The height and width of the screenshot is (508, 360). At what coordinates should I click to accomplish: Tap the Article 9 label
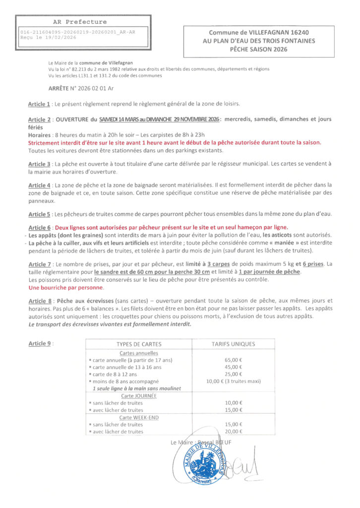click(39, 343)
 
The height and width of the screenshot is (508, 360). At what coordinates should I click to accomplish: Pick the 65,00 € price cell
click(233, 360)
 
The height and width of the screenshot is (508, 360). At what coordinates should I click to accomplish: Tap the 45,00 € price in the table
click(233, 367)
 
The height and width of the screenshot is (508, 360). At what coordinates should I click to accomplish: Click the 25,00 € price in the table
click(233, 374)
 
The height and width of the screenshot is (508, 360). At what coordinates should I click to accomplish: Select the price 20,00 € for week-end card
click(233, 432)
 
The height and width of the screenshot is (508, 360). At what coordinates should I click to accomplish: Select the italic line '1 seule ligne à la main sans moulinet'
click(136, 388)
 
